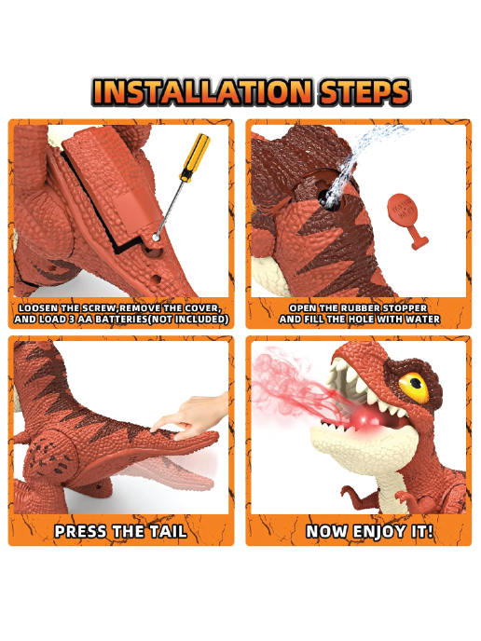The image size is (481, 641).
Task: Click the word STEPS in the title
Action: (x=364, y=91)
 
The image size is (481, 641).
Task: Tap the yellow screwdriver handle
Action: (x=195, y=157)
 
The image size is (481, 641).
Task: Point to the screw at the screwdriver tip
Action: (x=156, y=237)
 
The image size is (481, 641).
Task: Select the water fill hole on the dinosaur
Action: (x=329, y=199)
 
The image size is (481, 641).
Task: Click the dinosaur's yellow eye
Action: (x=414, y=386)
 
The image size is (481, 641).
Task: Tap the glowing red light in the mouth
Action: (x=367, y=418)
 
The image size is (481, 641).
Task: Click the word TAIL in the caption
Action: (x=168, y=531)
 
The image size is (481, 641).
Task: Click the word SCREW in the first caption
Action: (x=101, y=308)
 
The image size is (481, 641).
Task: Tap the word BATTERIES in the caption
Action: (x=116, y=320)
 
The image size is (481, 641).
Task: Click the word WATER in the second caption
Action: (x=422, y=320)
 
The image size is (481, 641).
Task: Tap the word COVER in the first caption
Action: (x=202, y=308)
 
